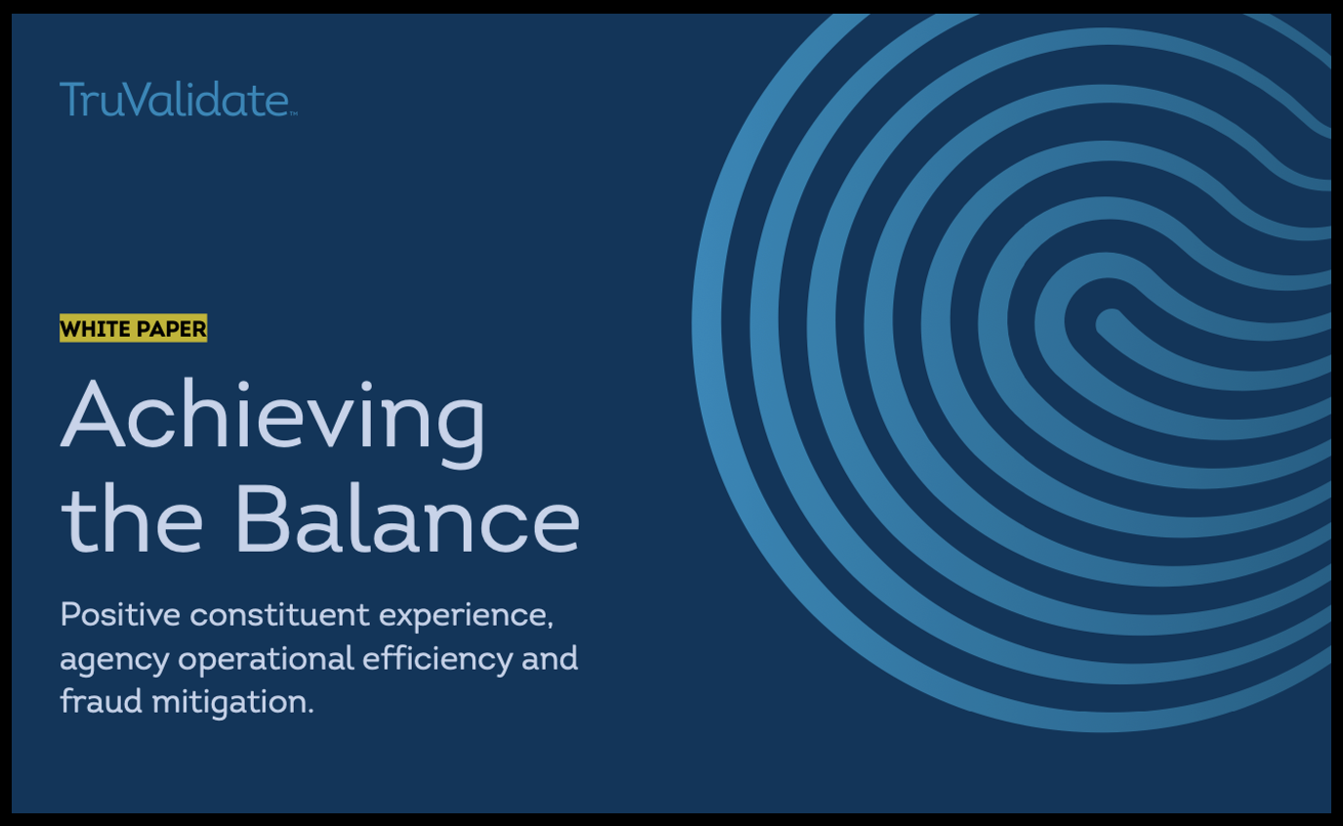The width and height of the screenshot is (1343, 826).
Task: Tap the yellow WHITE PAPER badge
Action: click(133, 328)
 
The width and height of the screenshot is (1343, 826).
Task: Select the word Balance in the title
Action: click(408, 518)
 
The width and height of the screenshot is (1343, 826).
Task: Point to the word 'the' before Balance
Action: click(132, 518)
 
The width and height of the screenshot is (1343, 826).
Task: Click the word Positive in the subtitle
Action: click(120, 614)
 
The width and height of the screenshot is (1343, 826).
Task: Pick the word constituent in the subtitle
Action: click(279, 614)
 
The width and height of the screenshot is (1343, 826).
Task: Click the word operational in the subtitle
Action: click(265, 660)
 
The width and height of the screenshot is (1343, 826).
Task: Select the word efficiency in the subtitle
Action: click(437, 660)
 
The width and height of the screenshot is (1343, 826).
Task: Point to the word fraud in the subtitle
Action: click(101, 701)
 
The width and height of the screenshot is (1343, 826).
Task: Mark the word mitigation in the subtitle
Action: click(233, 703)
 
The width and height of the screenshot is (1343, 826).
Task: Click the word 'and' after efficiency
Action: click(549, 658)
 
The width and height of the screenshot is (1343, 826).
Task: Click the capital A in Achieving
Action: click(93, 414)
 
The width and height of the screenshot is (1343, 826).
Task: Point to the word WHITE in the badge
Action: click(96, 329)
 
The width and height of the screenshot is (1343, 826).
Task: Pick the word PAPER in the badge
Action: click(171, 329)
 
